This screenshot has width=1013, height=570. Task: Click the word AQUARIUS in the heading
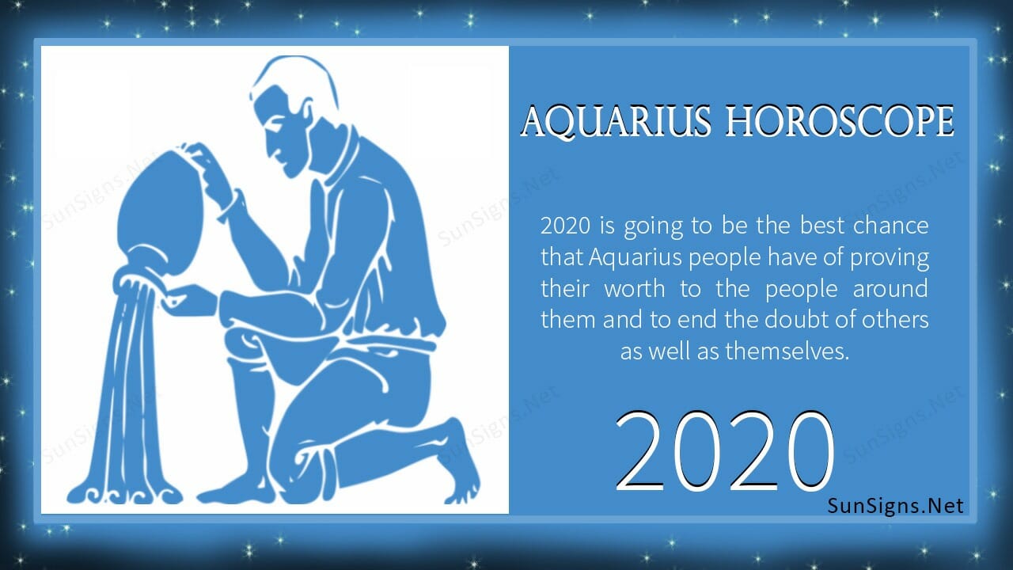616,121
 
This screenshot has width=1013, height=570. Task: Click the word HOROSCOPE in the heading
840,121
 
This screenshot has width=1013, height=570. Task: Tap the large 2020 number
724,450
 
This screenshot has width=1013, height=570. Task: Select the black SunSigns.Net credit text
895,506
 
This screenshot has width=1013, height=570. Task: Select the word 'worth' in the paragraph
635,289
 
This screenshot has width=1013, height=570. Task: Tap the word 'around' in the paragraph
890,289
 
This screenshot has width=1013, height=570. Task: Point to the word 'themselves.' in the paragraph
787,351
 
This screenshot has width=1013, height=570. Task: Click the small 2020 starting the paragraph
565,226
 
